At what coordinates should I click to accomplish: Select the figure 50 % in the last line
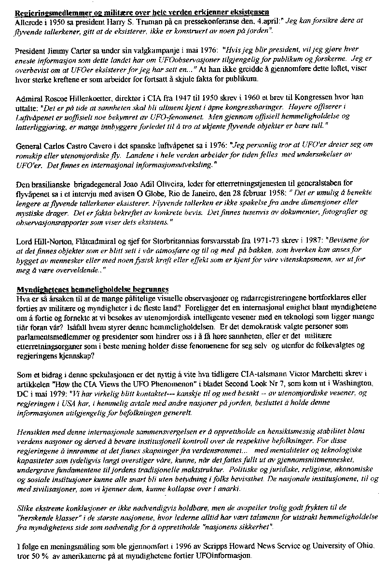tap(40, 556)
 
